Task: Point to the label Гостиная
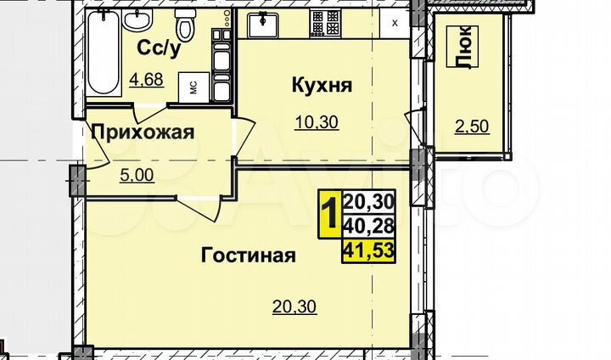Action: click(248, 255)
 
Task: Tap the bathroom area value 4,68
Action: click(146, 82)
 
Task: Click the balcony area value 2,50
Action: click(473, 127)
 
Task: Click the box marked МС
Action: click(193, 87)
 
